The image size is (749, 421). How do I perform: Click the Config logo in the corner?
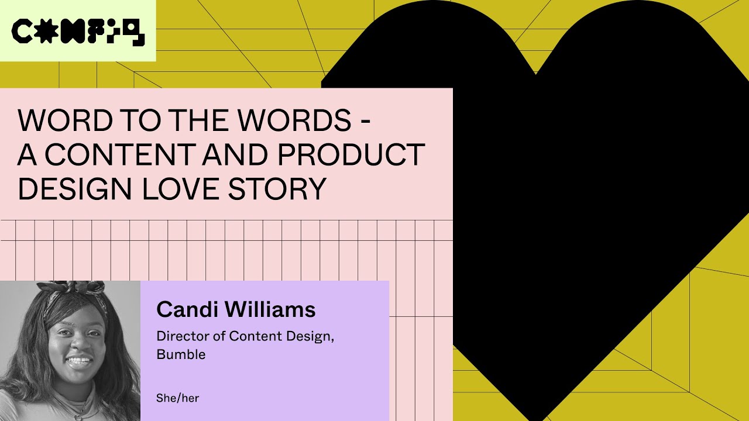(78, 32)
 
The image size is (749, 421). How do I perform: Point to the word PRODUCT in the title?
(350, 155)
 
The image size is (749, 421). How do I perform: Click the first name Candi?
(187, 310)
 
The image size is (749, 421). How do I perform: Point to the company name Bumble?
(181, 354)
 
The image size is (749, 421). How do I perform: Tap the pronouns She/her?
(177, 398)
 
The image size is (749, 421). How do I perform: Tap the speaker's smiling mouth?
(79, 360)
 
